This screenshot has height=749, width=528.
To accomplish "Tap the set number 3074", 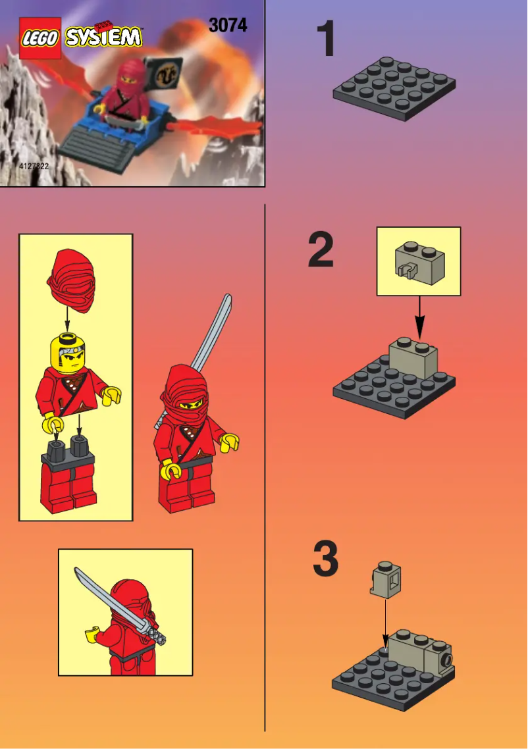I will point(228,25).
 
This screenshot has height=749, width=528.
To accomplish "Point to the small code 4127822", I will point(34,167).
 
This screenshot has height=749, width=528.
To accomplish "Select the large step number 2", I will point(322,250).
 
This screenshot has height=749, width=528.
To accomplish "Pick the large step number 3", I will point(325,560).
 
